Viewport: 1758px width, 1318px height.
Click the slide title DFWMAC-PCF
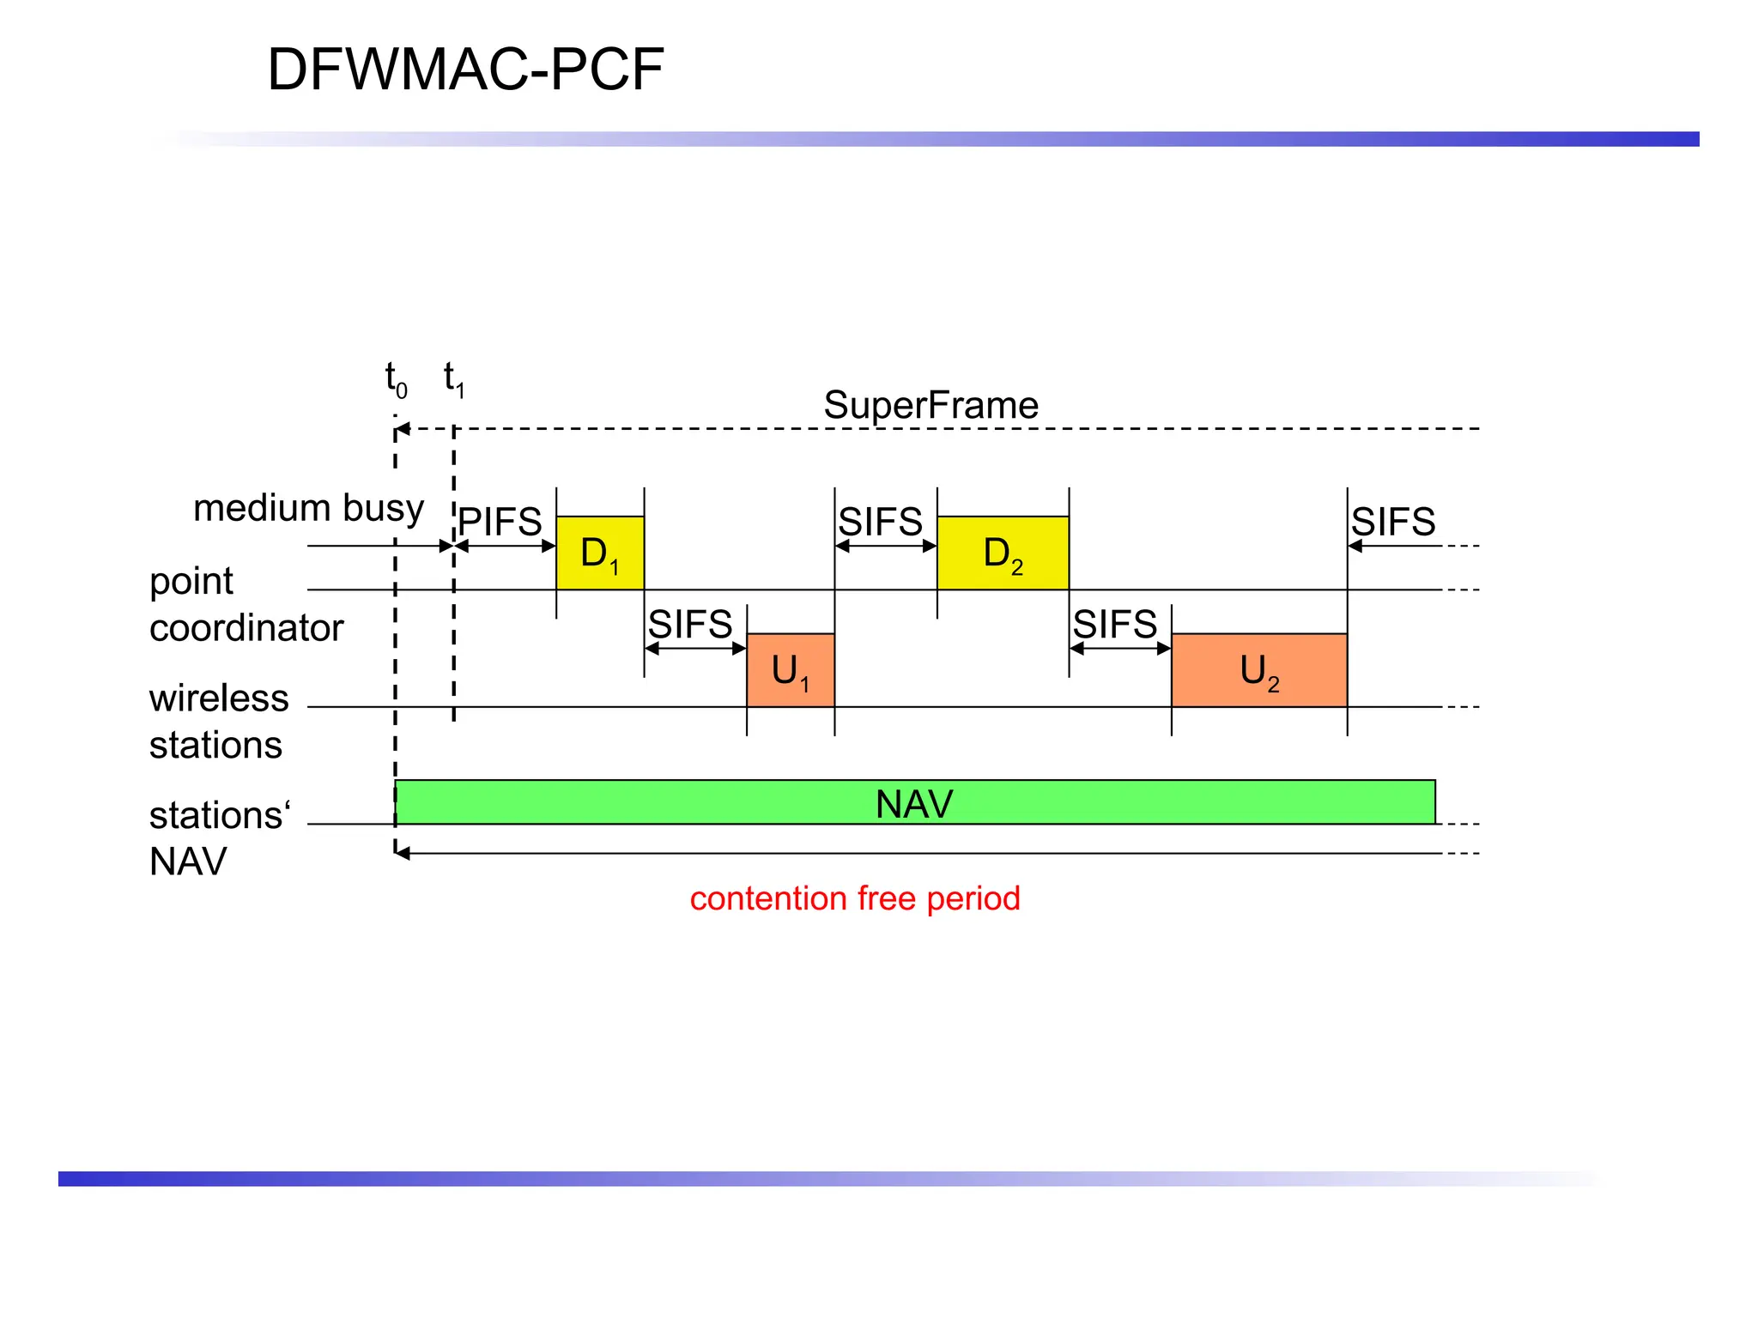pyautogui.click(x=465, y=70)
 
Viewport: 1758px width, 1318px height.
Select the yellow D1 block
pyautogui.click(x=600, y=553)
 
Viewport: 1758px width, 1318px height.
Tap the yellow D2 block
pyautogui.click(x=1003, y=553)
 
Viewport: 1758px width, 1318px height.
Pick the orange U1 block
pyautogui.click(x=791, y=670)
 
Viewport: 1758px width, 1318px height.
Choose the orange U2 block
pyautogui.click(x=1258, y=670)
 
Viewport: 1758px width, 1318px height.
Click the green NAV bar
pyautogui.click(x=914, y=803)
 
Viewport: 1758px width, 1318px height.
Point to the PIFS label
pyautogui.click(x=500, y=522)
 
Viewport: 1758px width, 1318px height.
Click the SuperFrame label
pyautogui.click(x=931, y=405)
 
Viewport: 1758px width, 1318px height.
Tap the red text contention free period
pyautogui.click(x=855, y=898)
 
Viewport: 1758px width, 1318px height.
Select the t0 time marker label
pyautogui.click(x=396, y=378)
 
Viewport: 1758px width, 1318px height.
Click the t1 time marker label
pyautogui.click(x=453, y=378)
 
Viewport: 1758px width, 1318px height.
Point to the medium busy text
pyautogui.click(x=308, y=508)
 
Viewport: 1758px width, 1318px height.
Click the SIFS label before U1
pyautogui.click(x=690, y=624)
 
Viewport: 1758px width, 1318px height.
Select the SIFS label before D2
pyautogui.click(x=880, y=522)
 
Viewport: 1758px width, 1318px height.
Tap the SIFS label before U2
pyautogui.click(x=1115, y=624)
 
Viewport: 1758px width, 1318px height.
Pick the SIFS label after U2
pyautogui.click(x=1393, y=522)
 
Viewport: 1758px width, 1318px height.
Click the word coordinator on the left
pyautogui.click(x=246, y=628)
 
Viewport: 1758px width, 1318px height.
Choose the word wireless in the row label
pyautogui.click(x=219, y=698)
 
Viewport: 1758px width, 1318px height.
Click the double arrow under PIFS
pyautogui.click(x=506, y=546)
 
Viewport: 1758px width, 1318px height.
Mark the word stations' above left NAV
pyautogui.click(x=220, y=815)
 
